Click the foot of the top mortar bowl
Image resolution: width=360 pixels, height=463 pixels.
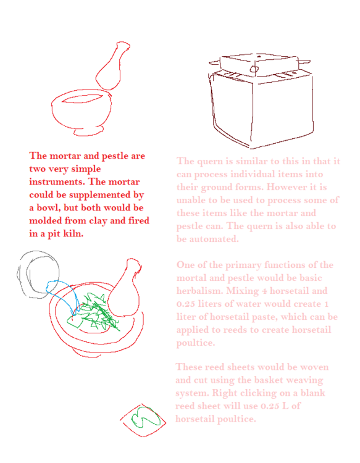(88, 132)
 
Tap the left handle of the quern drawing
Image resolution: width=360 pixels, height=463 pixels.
(215, 62)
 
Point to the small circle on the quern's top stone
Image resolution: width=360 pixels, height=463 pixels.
(254, 69)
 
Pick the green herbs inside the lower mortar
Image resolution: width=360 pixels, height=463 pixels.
(96, 313)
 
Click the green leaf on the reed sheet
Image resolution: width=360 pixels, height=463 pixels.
(144, 417)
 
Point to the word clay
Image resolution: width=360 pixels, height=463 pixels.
(97, 221)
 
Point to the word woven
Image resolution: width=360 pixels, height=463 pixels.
(314, 367)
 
